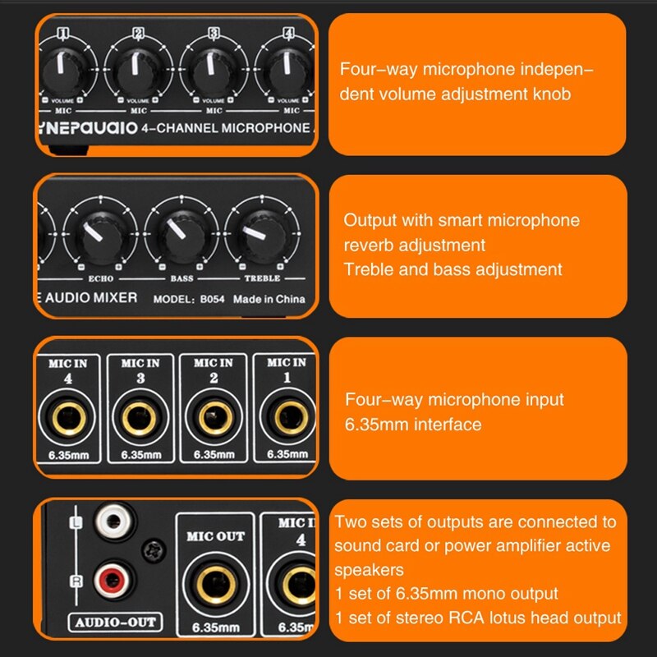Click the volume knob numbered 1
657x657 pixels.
[62, 72]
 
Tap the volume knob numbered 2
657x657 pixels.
[138, 72]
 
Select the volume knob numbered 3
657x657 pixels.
[213, 72]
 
